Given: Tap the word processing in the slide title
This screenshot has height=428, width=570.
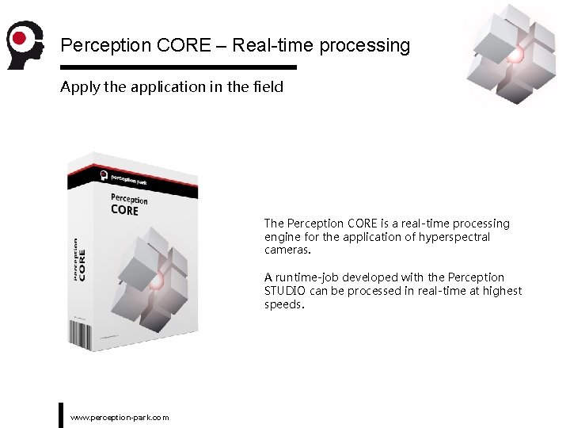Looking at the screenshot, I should tap(364, 45).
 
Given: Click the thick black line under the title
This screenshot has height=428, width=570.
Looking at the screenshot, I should tap(178, 67).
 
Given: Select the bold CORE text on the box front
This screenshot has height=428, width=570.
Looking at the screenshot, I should tap(124, 210).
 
